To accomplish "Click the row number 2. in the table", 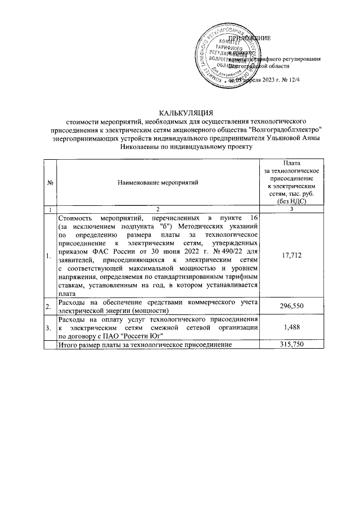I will (x=50, y=305).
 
